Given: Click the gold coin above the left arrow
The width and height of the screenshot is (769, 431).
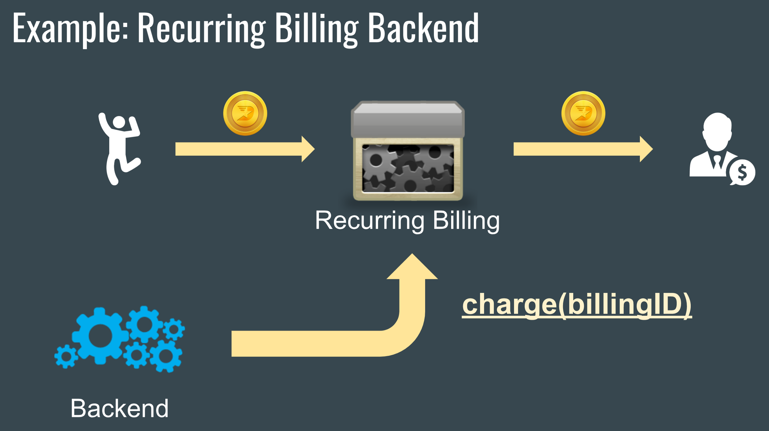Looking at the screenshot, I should (x=245, y=113).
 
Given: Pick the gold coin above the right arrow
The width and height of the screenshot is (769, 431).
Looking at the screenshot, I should (x=583, y=113).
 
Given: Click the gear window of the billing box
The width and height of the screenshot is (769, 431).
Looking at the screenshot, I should (x=408, y=168).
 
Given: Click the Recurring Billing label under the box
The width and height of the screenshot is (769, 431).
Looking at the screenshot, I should (x=407, y=221).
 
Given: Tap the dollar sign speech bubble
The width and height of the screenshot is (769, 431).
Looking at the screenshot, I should (x=742, y=173).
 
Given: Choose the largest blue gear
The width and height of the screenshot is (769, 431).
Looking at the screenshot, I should (x=100, y=336).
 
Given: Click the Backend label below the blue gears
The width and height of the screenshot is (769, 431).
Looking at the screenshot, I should (x=119, y=408).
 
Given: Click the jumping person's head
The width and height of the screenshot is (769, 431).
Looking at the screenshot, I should (x=119, y=122).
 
